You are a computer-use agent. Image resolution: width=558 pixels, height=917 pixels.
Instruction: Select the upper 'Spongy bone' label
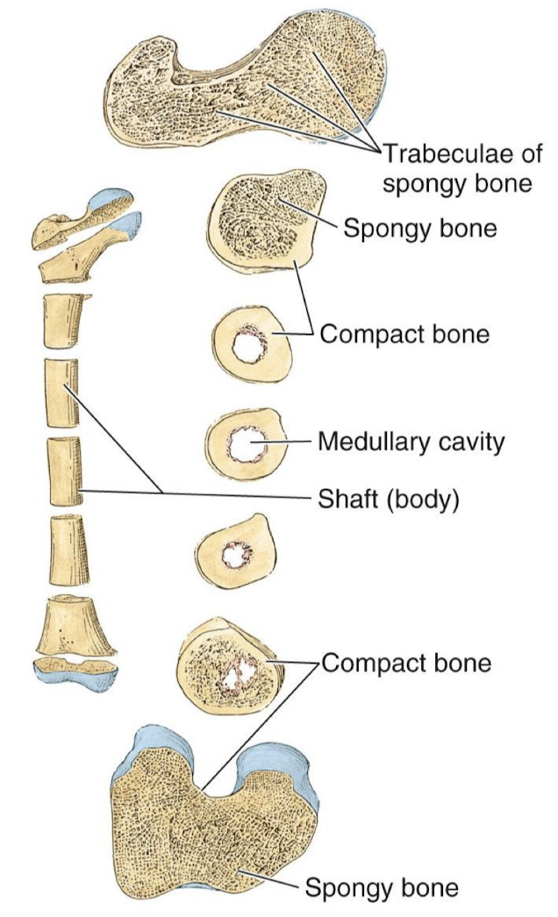(x=420, y=230)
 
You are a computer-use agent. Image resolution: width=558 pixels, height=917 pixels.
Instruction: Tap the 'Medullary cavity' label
(x=411, y=441)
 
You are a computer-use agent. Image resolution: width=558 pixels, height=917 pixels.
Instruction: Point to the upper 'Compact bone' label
(x=404, y=334)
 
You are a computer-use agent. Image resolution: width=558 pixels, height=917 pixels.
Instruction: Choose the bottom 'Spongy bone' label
(x=381, y=888)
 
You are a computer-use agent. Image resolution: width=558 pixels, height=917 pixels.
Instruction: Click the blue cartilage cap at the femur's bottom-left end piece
(x=75, y=672)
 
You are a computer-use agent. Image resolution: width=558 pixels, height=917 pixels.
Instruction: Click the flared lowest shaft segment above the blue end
(x=76, y=624)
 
